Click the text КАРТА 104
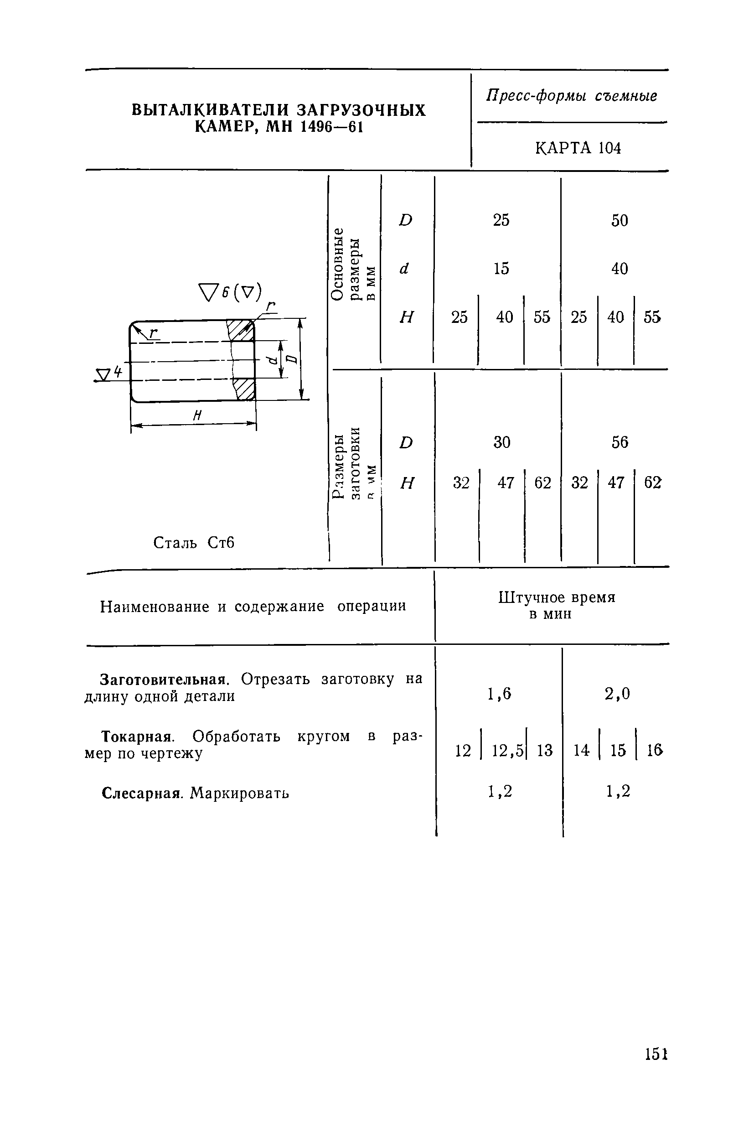pyautogui.click(x=578, y=148)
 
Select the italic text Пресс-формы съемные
pyautogui.click(x=572, y=96)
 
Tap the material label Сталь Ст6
pyautogui.click(x=193, y=543)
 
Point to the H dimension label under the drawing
pyautogui.click(x=196, y=416)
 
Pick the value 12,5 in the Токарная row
pyautogui.click(x=507, y=751)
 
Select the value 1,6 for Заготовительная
pyautogui.click(x=499, y=693)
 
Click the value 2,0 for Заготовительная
pyautogui.click(x=617, y=693)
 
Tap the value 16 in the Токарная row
pyautogui.click(x=655, y=750)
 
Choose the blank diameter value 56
pyautogui.click(x=620, y=442)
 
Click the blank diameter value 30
pyautogui.click(x=501, y=442)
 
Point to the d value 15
pyautogui.click(x=501, y=269)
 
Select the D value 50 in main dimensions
pyautogui.click(x=620, y=221)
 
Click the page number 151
pyautogui.click(x=656, y=1054)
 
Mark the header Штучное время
pyautogui.click(x=557, y=597)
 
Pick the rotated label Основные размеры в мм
pyautogui.click(x=353, y=265)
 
